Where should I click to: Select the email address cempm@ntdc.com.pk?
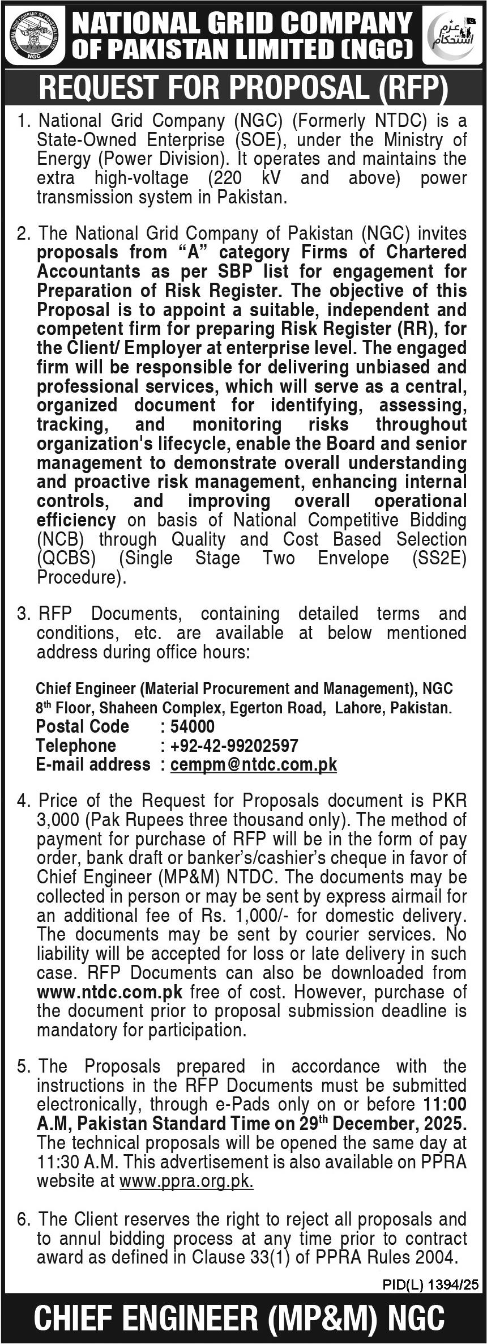pyautogui.click(x=253, y=764)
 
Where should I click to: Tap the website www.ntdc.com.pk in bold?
pyautogui.click(x=109, y=992)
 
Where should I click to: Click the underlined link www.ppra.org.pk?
pyautogui.click(x=186, y=1181)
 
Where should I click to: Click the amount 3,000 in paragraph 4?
pyautogui.click(x=55, y=819)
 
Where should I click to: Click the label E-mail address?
pyautogui.click(x=93, y=764)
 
